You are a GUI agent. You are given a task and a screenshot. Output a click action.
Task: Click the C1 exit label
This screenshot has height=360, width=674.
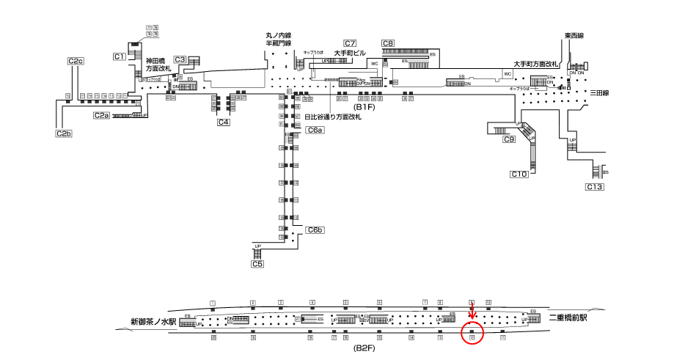click(120, 56)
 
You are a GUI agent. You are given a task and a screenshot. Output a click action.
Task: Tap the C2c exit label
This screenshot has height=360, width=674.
click(76, 61)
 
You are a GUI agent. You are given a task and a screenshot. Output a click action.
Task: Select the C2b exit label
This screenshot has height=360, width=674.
click(64, 133)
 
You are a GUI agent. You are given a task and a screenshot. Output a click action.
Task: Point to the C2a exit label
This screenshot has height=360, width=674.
click(101, 115)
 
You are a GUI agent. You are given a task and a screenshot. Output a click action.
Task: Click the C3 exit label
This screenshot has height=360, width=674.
click(180, 60)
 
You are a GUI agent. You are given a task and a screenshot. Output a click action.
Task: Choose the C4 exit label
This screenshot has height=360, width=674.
click(224, 122)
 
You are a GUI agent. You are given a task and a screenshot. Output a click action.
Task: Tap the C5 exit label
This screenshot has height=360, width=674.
click(257, 263)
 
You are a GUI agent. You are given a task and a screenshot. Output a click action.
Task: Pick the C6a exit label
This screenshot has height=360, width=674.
click(315, 130)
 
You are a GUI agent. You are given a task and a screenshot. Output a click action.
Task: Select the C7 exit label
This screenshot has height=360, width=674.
click(350, 43)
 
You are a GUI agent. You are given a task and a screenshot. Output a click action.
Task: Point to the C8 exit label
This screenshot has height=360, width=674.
click(388, 43)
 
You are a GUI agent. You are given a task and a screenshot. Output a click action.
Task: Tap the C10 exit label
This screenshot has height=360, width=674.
click(519, 174)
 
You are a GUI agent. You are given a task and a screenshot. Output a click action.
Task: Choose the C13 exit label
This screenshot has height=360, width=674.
click(594, 187)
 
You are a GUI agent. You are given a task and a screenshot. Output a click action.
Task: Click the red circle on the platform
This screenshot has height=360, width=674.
click(472, 334)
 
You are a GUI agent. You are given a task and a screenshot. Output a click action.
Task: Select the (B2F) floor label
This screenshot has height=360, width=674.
click(365, 348)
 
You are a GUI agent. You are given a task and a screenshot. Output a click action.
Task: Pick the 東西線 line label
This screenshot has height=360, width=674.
click(574, 36)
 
